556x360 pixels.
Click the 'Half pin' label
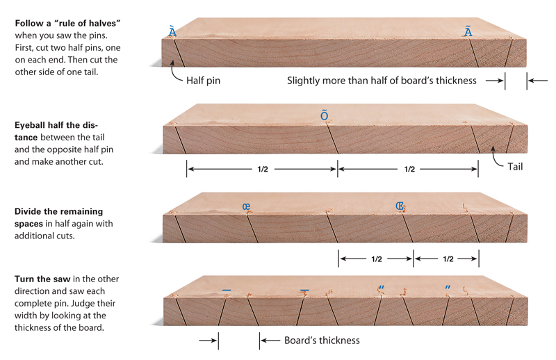pyautogui.click(x=204, y=80)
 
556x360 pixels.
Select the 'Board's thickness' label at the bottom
pyautogui.click(x=322, y=341)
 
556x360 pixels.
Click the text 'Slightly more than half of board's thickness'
pyautogui.click(x=382, y=80)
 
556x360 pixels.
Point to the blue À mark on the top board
pyautogui.click(x=172, y=31)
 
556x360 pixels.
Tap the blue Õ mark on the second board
pyautogui.click(x=324, y=115)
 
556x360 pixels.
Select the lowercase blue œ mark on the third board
pyautogui.click(x=246, y=206)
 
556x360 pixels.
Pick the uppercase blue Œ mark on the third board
pyautogui.click(x=400, y=206)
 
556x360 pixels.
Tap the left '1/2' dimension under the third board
pyautogui.click(x=376, y=259)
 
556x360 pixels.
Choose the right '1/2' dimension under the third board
pyautogui.click(x=446, y=259)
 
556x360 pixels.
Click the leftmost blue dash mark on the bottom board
pyautogui.click(x=226, y=289)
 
